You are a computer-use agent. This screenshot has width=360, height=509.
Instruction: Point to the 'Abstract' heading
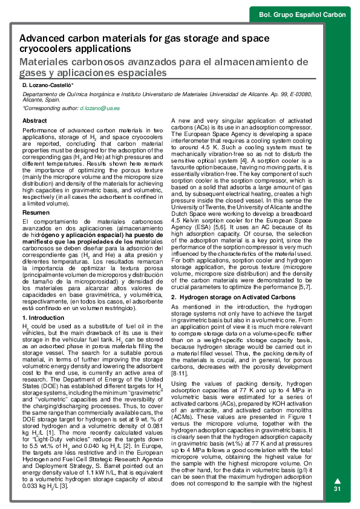pos(34,121)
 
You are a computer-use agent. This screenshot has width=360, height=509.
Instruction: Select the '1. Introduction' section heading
pos(42,317)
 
